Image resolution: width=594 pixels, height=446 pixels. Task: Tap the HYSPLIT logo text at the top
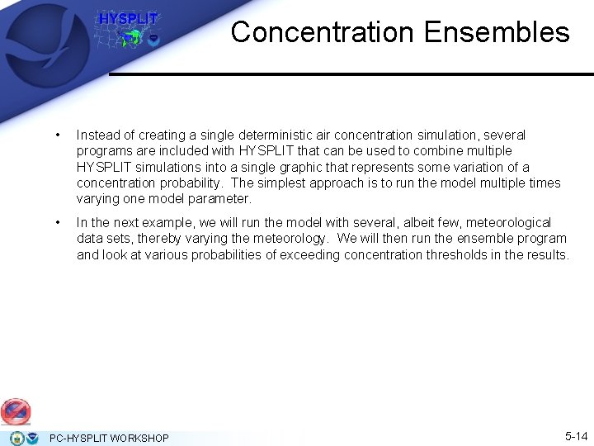click(x=128, y=18)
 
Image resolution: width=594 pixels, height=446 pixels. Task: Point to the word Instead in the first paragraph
click(x=97, y=135)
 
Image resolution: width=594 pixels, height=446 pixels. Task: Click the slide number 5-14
click(x=576, y=435)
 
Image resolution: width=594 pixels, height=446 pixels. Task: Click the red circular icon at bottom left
click(x=16, y=410)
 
